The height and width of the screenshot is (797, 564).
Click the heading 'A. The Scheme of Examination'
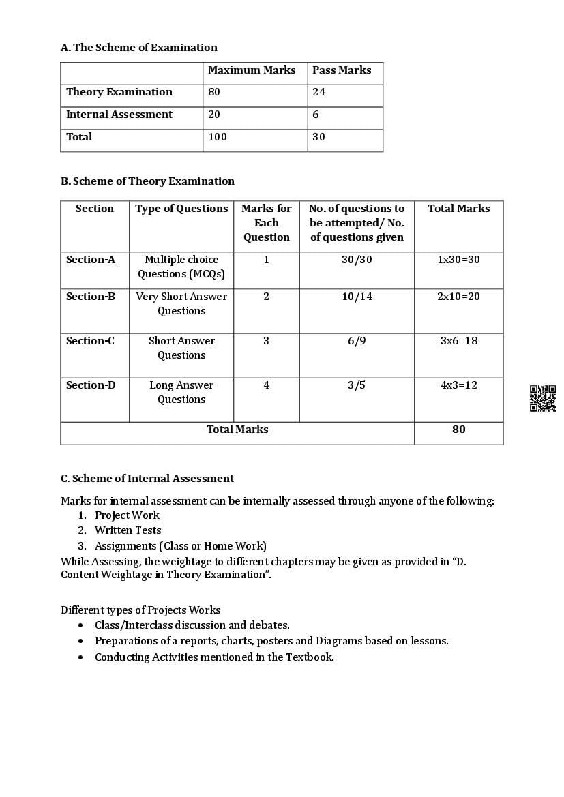click(139, 48)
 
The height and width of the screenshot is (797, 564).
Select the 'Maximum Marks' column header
click(252, 70)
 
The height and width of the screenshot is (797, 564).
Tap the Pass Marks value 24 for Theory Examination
click(319, 92)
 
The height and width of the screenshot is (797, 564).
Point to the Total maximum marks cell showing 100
click(218, 137)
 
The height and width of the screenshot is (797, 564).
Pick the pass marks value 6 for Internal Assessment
click(316, 115)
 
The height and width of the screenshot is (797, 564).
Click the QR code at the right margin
click(542, 398)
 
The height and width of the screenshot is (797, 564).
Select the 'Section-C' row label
click(90, 341)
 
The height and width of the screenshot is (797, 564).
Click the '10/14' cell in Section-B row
click(357, 297)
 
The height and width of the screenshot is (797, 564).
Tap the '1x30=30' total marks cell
click(458, 260)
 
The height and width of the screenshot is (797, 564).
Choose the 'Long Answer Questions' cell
click(181, 392)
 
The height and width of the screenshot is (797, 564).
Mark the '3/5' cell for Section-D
click(357, 385)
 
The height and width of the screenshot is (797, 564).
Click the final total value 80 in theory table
click(458, 430)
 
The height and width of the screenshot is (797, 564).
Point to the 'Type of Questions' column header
click(181, 209)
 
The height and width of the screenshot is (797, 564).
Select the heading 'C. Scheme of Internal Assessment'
click(147, 479)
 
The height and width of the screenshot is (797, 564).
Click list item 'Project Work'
click(127, 515)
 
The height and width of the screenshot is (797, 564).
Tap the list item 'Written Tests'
click(128, 530)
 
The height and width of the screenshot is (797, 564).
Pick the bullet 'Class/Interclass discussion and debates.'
click(192, 625)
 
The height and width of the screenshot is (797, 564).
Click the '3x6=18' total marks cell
click(458, 341)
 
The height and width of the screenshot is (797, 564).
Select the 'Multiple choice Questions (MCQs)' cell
click(181, 267)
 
